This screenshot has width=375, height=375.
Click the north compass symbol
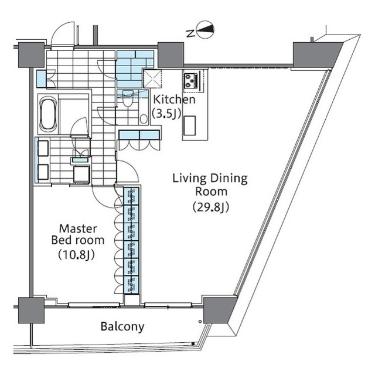pyautogui.click(x=204, y=29)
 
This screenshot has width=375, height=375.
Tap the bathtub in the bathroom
pyautogui.click(x=48, y=114)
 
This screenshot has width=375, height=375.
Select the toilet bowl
pyautogui.click(x=127, y=99)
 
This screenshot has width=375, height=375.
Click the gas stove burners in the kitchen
pyautogui.click(x=191, y=81)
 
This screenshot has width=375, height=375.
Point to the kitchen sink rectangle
pyautogui.click(x=190, y=126)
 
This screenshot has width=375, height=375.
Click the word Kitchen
pyautogui.click(x=174, y=100)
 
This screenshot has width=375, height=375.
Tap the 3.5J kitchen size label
pyautogui.click(x=166, y=114)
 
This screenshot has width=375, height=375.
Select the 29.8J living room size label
pyautogui.click(x=211, y=207)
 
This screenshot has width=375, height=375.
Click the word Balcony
pyautogui.click(x=122, y=327)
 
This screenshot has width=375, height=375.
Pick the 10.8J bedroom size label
pyautogui.click(x=77, y=255)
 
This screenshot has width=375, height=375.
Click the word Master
pyautogui.click(x=78, y=229)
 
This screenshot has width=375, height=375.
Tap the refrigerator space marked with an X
pyautogui.click(x=152, y=79)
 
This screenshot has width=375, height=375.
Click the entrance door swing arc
pyautogui.click(x=63, y=33)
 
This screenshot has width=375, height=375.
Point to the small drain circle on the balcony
pyautogui.click(x=200, y=322)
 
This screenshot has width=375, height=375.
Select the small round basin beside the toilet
pyautogui.click(x=144, y=119)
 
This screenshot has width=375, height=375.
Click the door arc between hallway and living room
pyautogui.click(x=128, y=171)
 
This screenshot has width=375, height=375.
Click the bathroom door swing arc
pyautogui.click(x=80, y=127)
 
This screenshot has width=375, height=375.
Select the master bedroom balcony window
pyautogui.click(x=94, y=305)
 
